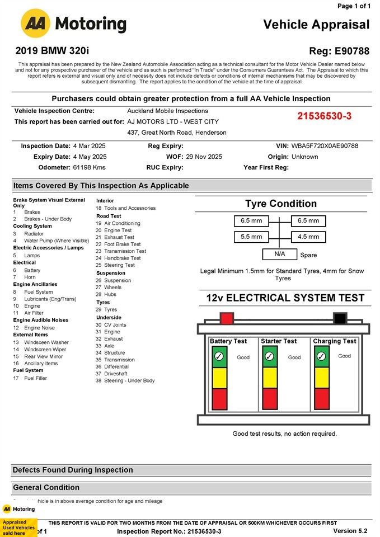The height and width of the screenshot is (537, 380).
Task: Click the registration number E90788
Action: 348,51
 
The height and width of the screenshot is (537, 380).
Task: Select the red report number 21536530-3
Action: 325,116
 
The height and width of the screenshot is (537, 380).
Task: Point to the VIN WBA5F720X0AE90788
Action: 325,146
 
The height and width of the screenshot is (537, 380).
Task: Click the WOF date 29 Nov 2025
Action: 204,157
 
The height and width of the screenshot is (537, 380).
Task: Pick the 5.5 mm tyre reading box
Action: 251,237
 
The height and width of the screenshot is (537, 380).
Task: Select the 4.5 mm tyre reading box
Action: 308,237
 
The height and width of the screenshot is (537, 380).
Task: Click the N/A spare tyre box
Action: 279,254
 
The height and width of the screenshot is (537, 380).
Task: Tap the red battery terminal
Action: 227,319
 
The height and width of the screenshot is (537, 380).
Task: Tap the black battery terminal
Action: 340,319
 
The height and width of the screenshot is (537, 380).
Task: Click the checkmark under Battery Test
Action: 219,356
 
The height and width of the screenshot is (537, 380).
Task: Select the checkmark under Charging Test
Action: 321,356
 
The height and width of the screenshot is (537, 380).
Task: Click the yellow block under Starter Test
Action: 270,377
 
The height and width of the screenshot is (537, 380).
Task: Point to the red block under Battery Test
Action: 219,399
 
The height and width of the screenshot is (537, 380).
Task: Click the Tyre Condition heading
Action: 281,204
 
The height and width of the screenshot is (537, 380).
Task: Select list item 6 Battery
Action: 32,270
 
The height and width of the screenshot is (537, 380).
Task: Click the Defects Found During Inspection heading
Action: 73,470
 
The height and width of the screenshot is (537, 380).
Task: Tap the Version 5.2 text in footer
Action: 350,531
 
